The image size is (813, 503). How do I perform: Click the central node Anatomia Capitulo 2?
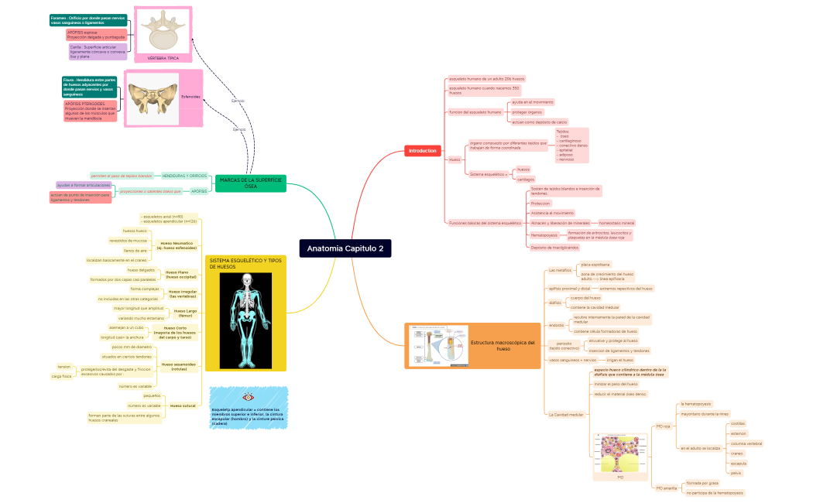tap(345, 248)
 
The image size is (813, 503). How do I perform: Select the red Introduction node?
tap(423, 150)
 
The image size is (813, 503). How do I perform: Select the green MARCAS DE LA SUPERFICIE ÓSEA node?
tap(250, 183)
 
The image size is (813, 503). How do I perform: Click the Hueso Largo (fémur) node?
tap(180, 313)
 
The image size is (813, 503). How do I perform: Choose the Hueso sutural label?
tap(182, 405)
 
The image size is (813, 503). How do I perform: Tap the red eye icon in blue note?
tap(249, 397)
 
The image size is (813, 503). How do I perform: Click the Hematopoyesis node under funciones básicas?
tap(544, 234)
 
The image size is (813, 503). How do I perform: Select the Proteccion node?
tap(540, 203)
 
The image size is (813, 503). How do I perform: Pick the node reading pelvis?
tap(736, 472)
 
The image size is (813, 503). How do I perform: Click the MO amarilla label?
tap(666, 488)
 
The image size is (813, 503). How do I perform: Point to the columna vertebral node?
tap(746, 443)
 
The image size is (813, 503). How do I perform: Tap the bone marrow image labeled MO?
tap(620, 453)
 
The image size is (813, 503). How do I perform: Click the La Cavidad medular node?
tap(565, 415)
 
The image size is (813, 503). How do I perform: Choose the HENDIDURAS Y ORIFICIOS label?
tap(184, 176)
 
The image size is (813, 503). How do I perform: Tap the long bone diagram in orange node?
tap(434, 345)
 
